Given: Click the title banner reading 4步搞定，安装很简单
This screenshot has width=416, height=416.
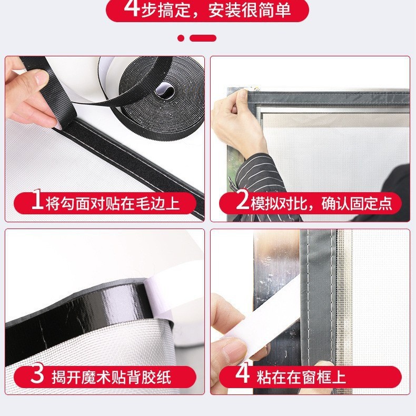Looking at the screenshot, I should tap(207, 9).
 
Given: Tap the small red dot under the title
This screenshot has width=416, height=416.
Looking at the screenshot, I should tap(181, 38).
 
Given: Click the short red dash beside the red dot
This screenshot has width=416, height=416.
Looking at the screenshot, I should tap(203, 38).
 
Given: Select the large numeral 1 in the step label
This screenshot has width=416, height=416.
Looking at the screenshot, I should tap(37, 202).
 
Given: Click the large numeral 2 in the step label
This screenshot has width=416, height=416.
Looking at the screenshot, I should tap(242, 202).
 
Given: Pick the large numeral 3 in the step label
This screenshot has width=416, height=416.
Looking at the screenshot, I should tap(37, 374).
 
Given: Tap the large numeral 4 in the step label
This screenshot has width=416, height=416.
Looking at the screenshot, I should tap(242, 374).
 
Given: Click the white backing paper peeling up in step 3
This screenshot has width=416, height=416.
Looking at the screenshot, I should tap(174, 295).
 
